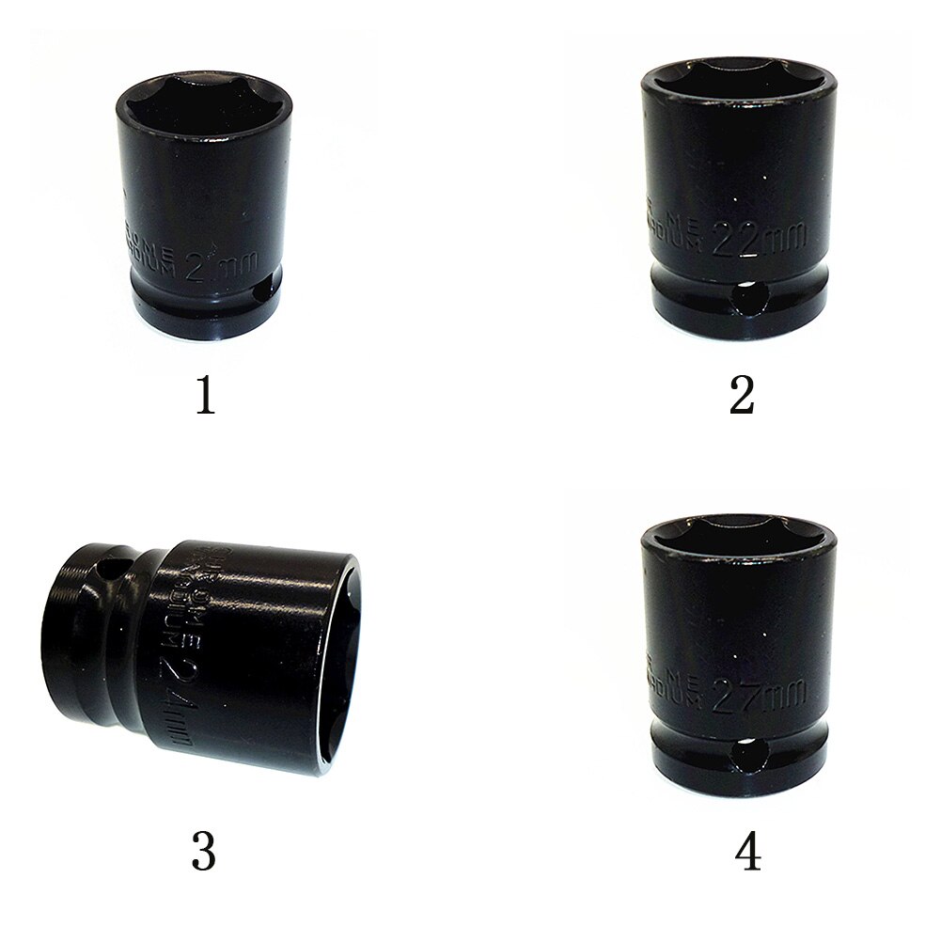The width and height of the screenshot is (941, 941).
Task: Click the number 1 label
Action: [205, 396]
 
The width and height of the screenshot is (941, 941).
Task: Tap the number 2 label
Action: [742, 396]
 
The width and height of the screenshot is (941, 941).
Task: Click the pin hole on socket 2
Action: [749, 300]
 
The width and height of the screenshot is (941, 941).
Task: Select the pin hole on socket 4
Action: [749, 754]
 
